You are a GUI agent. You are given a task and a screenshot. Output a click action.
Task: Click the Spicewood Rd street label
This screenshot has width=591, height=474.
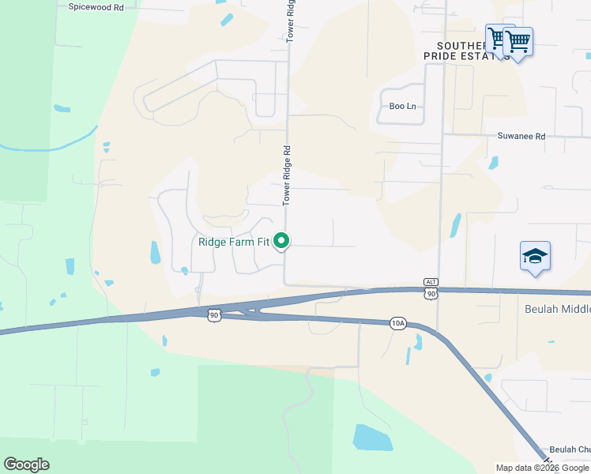[x=96, y=7]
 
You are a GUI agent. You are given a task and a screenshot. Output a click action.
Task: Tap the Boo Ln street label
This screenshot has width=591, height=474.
[x=402, y=106]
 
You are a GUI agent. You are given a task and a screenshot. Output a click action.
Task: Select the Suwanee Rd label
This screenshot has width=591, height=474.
[x=521, y=136]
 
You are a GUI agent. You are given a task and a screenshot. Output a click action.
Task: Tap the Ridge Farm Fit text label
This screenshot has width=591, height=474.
[x=233, y=242]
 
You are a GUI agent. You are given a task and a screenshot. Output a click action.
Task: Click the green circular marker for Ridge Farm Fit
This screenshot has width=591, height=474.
[x=280, y=242]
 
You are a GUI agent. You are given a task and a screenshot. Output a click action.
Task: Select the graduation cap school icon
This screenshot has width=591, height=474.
[x=536, y=257]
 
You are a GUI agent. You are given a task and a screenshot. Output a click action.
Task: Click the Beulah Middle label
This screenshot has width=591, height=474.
[x=558, y=309]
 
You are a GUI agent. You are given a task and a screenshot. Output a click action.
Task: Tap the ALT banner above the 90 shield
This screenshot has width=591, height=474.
[x=431, y=282]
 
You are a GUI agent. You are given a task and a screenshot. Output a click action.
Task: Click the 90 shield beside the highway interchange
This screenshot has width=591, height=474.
[x=213, y=315]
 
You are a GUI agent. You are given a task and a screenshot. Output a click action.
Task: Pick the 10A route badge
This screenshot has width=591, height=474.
[x=397, y=323]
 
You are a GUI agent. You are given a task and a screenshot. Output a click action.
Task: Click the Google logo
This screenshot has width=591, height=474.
[x=26, y=465]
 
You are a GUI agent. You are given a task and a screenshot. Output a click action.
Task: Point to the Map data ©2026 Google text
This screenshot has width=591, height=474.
[x=542, y=468]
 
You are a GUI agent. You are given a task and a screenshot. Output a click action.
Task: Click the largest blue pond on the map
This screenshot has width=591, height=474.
[x=372, y=437]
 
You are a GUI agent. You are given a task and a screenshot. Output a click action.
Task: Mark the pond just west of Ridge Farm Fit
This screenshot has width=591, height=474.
[x=155, y=252]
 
